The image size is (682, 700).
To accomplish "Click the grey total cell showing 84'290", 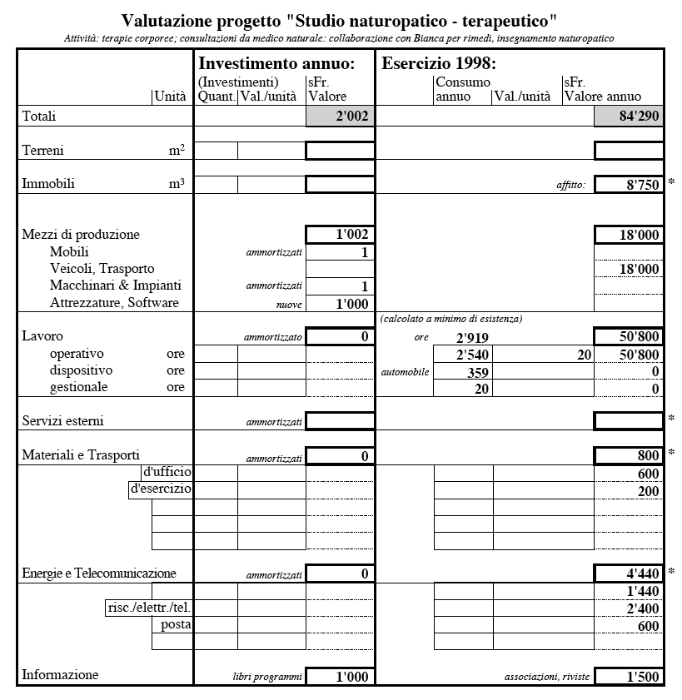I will coord(629,117).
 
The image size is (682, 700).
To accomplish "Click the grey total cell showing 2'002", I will coord(340,117).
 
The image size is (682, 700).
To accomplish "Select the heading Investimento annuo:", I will coord(276,63).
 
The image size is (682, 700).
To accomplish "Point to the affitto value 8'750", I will coord(629,185).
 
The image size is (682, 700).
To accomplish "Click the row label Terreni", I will coord(43,151).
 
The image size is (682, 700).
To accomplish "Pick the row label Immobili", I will coord(48,184).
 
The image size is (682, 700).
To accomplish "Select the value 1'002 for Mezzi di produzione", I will coord(340,235).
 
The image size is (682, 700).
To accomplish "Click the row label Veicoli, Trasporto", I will coord(102,269).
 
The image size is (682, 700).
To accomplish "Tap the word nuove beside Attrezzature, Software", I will coord(289,305).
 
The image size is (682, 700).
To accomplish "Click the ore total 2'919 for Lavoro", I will coord(470,338).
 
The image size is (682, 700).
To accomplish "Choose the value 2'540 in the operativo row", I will coord(470,355).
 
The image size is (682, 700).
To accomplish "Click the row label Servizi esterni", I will coord(63,421).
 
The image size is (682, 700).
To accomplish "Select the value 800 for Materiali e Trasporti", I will coord(629,455).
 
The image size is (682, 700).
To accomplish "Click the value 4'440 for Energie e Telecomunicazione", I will coord(629,573).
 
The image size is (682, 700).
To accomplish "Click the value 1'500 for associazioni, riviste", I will coord(629,677).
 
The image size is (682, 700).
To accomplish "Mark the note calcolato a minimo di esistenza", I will coord(451,319).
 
